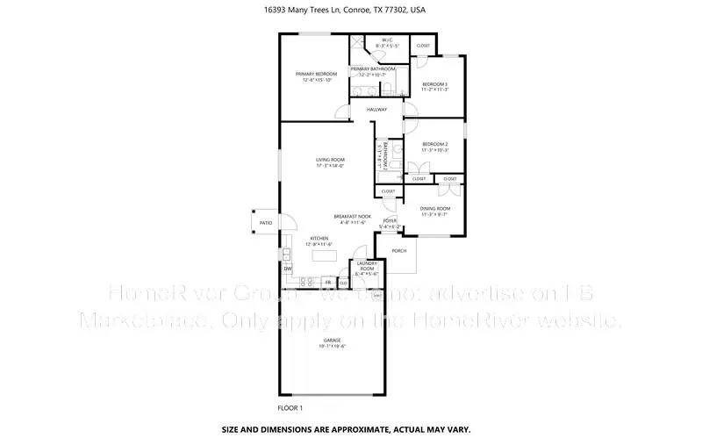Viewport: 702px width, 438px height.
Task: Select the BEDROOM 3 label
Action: click(x=435, y=83)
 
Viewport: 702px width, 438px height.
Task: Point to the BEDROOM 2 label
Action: click(x=435, y=144)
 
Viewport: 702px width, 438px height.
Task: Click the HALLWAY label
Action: click(x=376, y=109)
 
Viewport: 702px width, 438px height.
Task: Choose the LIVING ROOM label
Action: click(x=330, y=160)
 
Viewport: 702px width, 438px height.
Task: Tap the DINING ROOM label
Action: click(x=435, y=208)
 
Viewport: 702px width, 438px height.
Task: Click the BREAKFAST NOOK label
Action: click(x=353, y=216)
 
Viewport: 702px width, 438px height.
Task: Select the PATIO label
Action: click(x=263, y=223)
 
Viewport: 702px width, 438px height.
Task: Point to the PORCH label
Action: click(x=399, y=250)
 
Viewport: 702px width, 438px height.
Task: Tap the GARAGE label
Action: click(x=331, y=341)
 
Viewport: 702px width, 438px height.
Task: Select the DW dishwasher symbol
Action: click(x=287, y=268)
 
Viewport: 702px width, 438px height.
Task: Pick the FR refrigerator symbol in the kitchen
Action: click(x=328, y=283)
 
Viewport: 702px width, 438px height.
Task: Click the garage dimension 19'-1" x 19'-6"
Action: click(x=331, y=347)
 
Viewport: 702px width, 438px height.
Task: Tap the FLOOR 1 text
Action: click(x=290, y=407)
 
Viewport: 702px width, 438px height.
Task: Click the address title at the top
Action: click(x=350, y=10)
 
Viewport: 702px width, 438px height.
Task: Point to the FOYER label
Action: click(x=390, y=220)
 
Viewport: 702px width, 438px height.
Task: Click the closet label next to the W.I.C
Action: click(x=423, y=46)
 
